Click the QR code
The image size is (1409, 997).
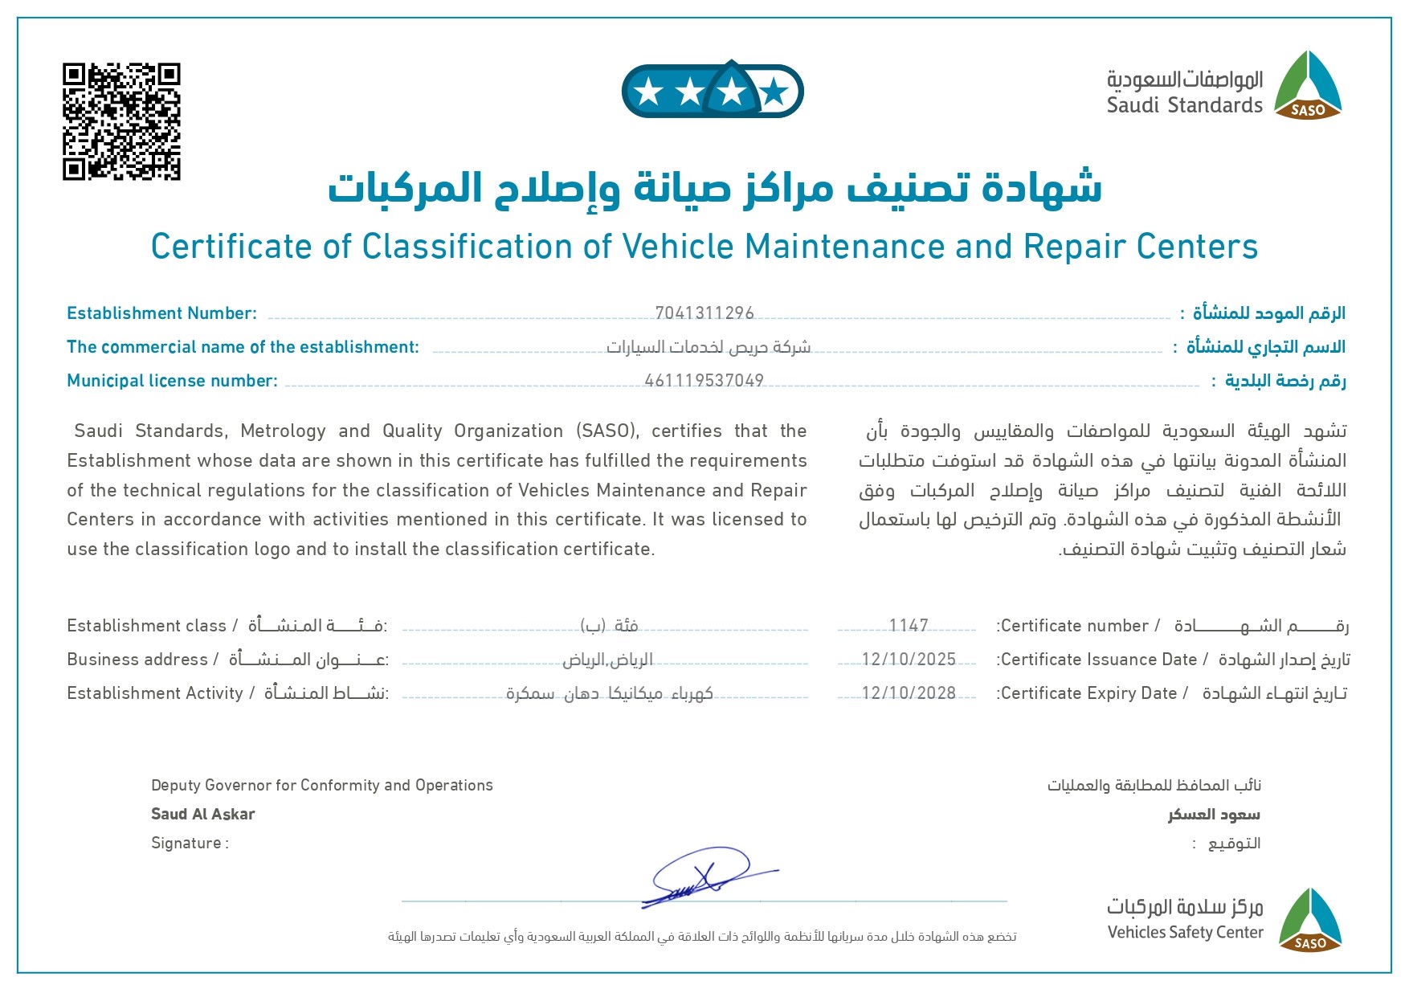click(121, 121)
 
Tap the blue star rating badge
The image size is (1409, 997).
click(713, 91)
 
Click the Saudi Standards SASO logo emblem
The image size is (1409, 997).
click(1308, 87)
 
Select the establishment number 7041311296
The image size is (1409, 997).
click(704, 313)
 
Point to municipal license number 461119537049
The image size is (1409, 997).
click(704, 380)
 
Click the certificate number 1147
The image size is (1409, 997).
click(909, 625)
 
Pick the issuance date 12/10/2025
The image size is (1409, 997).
click(909, 659)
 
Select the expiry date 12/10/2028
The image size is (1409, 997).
click(909, 693)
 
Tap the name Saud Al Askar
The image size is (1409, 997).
click(202, 814)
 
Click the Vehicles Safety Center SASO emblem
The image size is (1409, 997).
click(1309, 921)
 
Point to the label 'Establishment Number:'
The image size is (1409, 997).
click(161, 313)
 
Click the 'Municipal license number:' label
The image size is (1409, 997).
click(172, 381)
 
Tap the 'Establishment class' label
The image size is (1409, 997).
click(146, 626)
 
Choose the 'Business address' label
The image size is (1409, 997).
click(137, 660)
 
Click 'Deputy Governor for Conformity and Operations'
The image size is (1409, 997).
click(321, 785)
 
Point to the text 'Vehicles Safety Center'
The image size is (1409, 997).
click(1185, 932)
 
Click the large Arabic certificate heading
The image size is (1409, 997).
click(714, 188)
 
